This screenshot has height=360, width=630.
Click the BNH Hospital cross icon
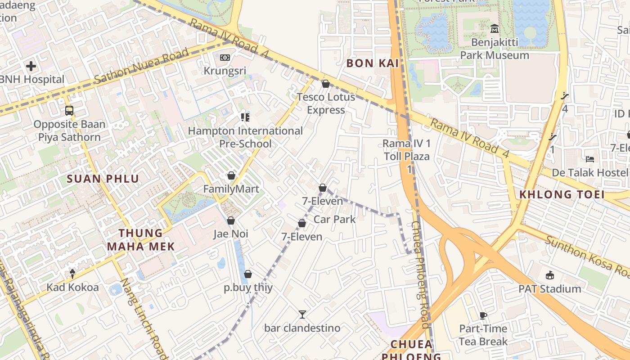31,67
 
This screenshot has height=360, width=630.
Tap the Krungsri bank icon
225,58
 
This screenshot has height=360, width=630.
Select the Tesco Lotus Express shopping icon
326,84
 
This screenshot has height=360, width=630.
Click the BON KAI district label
373,63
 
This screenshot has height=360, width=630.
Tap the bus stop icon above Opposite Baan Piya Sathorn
69,110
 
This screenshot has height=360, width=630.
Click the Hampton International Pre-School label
245,137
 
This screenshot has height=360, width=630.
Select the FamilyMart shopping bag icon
231,175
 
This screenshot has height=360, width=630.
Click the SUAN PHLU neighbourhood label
103,179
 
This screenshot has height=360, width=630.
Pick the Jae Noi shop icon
231,220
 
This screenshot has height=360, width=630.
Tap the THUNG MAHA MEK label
141,239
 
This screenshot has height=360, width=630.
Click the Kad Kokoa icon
72,274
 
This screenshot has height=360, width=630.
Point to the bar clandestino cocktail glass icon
302,314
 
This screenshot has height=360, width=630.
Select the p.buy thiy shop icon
248,274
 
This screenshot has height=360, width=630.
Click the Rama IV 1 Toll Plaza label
407,150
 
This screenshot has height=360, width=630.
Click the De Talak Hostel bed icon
590,159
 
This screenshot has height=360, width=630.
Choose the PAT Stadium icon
549,275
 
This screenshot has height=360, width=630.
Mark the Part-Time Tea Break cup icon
483,315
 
